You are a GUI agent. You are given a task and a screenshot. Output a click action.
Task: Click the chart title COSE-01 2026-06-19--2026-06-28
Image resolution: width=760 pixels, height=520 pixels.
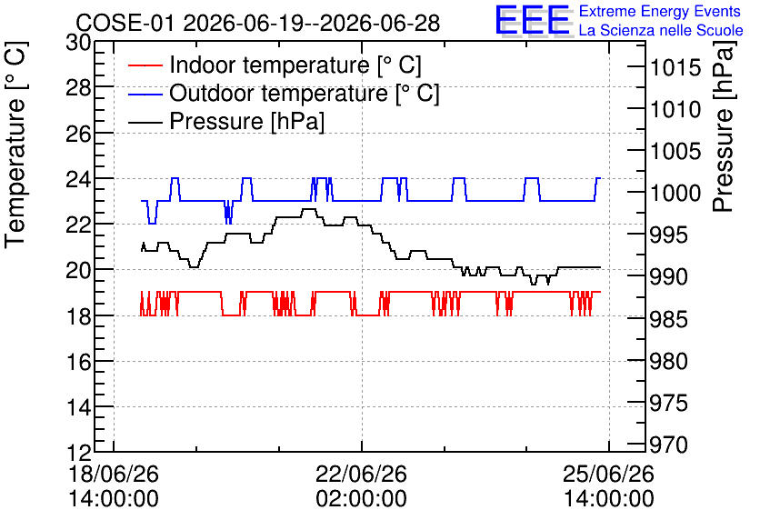pos(258,23)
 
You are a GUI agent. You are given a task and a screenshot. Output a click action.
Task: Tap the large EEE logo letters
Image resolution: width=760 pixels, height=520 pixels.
pos(533,20)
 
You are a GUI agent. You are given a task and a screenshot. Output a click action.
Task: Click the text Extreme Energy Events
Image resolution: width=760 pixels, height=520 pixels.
pos(660,11)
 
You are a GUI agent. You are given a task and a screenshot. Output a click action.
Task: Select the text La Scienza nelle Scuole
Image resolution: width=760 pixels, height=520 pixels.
pos(661,30)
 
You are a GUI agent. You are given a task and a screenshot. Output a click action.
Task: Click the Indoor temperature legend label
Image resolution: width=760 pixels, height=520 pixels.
pos(295,65)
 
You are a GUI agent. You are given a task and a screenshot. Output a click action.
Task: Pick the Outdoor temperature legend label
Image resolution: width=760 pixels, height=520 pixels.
pos(305,93)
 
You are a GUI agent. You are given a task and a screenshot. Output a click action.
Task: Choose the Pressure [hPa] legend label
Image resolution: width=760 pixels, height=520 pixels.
pos(246,121)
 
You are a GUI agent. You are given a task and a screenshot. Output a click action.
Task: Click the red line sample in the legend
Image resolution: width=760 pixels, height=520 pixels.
pos(145,65)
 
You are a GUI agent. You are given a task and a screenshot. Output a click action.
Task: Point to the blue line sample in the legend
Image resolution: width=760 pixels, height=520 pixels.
pos(145,94)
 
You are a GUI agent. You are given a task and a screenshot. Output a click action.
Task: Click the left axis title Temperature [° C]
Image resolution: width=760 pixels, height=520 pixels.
pos(15,145)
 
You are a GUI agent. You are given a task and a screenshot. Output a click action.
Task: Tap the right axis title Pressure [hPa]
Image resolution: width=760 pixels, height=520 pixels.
pos(723,126)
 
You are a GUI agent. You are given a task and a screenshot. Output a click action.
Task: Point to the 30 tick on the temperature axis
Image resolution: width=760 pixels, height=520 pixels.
pos(78,43)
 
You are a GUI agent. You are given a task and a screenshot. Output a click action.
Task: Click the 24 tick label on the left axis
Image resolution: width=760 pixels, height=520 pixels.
pos(78,179)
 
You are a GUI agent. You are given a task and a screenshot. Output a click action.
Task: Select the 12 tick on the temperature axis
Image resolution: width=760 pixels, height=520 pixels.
pos(78,453)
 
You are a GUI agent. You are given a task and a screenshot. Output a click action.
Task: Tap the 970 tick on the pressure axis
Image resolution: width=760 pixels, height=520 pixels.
pos(669,445)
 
